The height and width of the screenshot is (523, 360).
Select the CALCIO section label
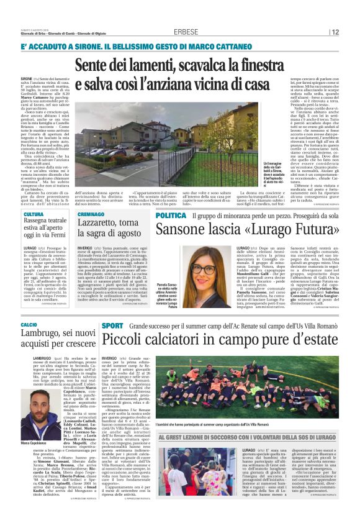pyautogui.click(x=29, y=325)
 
